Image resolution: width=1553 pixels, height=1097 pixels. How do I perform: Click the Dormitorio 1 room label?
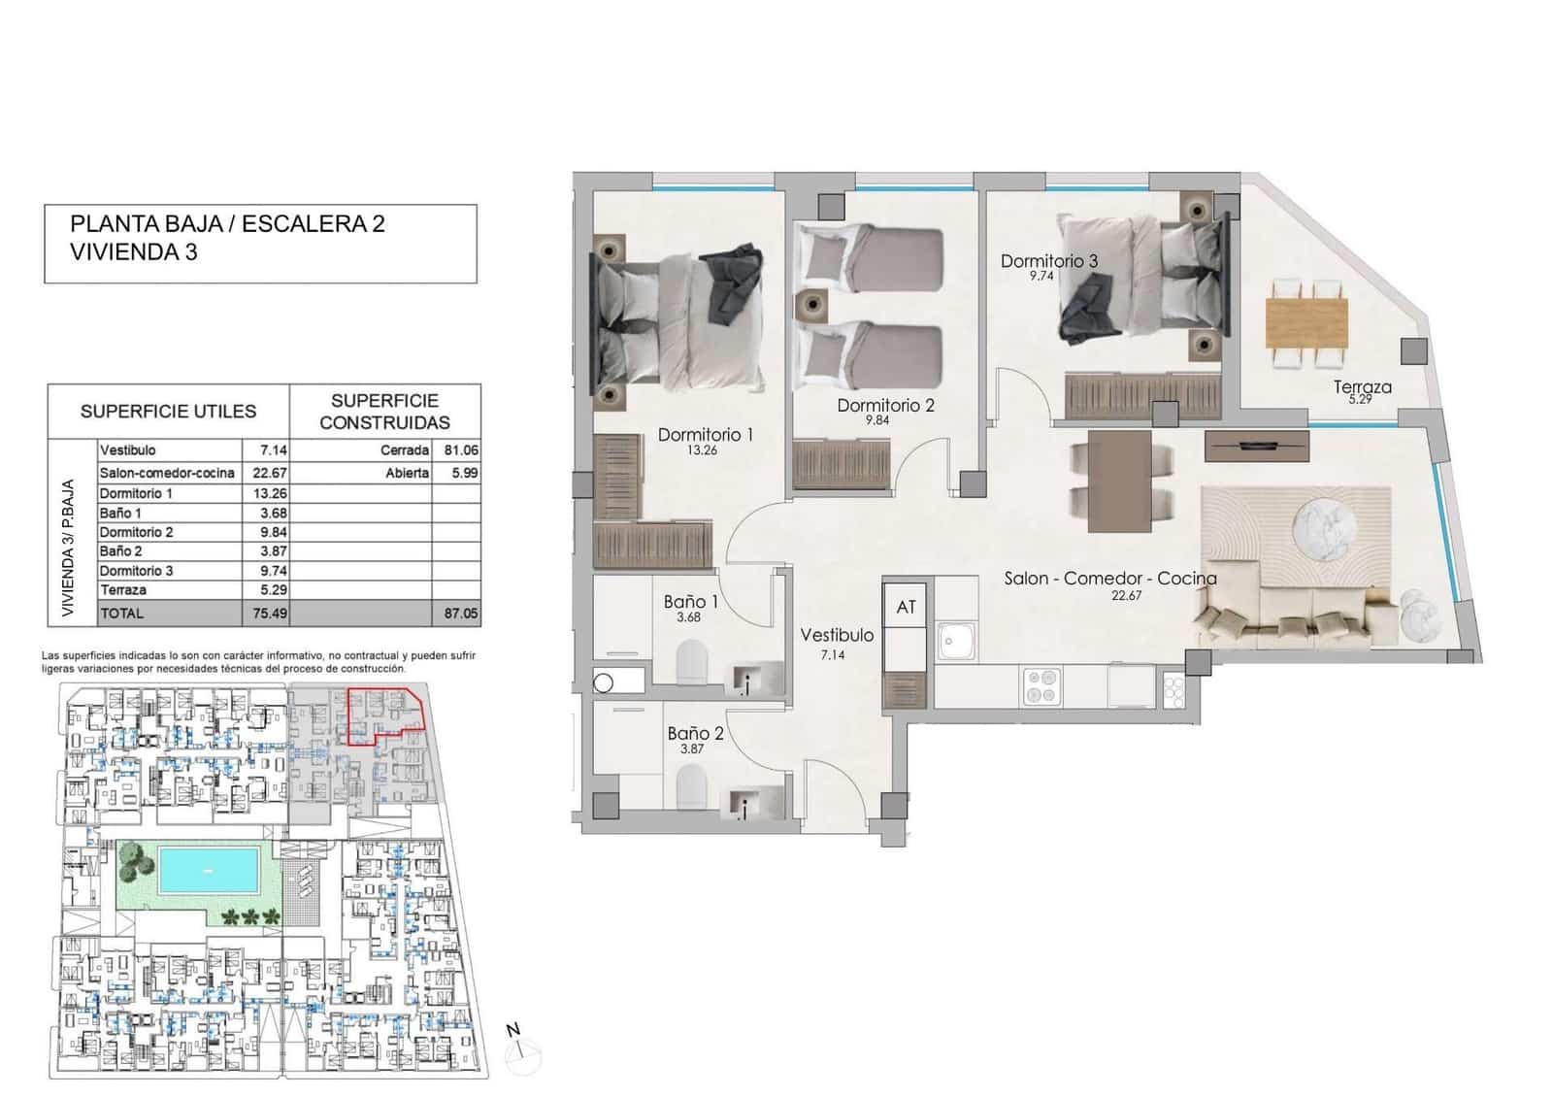[705, 435]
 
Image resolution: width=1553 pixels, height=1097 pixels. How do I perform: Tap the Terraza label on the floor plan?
[1362, 386]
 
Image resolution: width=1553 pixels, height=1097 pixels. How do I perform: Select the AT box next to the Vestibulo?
[906, 608]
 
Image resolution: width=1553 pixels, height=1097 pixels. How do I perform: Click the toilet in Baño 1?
[692, 662]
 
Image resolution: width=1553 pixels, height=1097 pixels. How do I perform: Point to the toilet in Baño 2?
[691, 785]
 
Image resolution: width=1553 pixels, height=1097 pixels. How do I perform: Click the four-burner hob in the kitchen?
[1041, 687]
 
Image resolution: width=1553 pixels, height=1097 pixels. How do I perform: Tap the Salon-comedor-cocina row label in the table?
[167, 473]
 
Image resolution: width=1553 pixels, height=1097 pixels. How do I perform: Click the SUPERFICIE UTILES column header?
[168, 412]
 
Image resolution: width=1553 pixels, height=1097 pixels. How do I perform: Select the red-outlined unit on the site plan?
[384, 713]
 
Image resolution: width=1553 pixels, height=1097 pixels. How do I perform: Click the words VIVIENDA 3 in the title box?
[135, 252]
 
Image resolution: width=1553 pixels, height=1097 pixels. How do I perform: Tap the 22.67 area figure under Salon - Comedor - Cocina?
[1126, 596]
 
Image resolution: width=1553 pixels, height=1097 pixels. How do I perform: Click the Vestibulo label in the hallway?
[836, 635]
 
